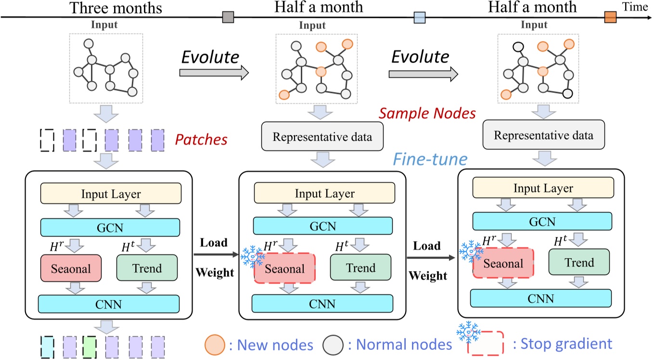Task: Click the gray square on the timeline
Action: (x=228, y=18)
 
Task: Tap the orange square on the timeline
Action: (x=610, y=18)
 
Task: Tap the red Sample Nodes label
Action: (x=427, y=114)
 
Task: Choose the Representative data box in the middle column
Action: (x=322, y=137)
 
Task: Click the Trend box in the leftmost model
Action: (x=147, y=268)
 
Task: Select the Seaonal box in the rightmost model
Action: (x=503, y=263)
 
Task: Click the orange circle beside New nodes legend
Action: (x=215, y=344)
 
